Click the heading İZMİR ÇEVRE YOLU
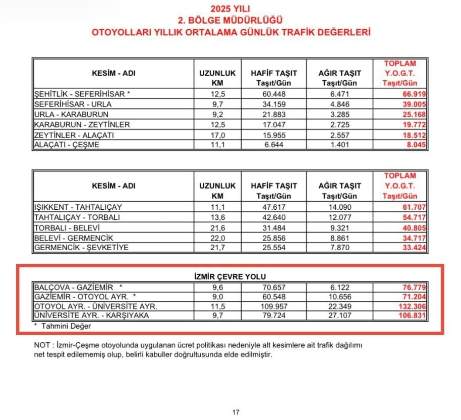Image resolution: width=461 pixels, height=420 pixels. pos(230,276)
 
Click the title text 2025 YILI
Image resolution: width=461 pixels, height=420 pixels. pos(230,9)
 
